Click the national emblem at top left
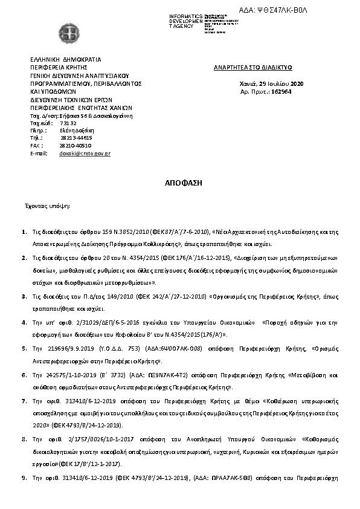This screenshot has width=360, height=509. click(x=67, y=32)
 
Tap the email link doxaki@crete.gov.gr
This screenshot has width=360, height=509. click(x=85, y=154)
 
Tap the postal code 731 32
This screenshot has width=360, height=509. click(x=68, y=122)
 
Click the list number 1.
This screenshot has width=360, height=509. click(x=24, y=232)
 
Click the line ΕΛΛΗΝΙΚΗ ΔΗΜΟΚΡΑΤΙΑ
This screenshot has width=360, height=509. click(x=66, y=59)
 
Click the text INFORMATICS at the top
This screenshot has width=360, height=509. click(x=186, y=15)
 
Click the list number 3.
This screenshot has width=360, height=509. click(x=24, y=297)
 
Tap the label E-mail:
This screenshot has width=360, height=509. click(x=39, y=154)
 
